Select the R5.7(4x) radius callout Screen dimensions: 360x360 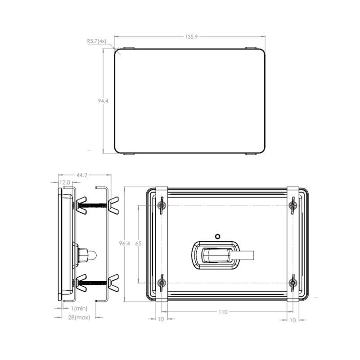(96, 41)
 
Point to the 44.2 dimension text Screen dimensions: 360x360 (82, 175)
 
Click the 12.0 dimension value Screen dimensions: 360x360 (65, 183)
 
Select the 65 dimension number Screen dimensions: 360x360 (138, 243)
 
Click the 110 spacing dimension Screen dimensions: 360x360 (223, 311)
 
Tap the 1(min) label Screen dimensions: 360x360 (77, 308)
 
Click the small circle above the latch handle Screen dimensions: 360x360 (218, 236)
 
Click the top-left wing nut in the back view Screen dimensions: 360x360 (162, 205)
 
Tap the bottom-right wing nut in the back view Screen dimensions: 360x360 (292, 283)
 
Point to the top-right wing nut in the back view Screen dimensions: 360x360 (292, 205)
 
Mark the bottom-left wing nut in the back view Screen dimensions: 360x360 (162, 283)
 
